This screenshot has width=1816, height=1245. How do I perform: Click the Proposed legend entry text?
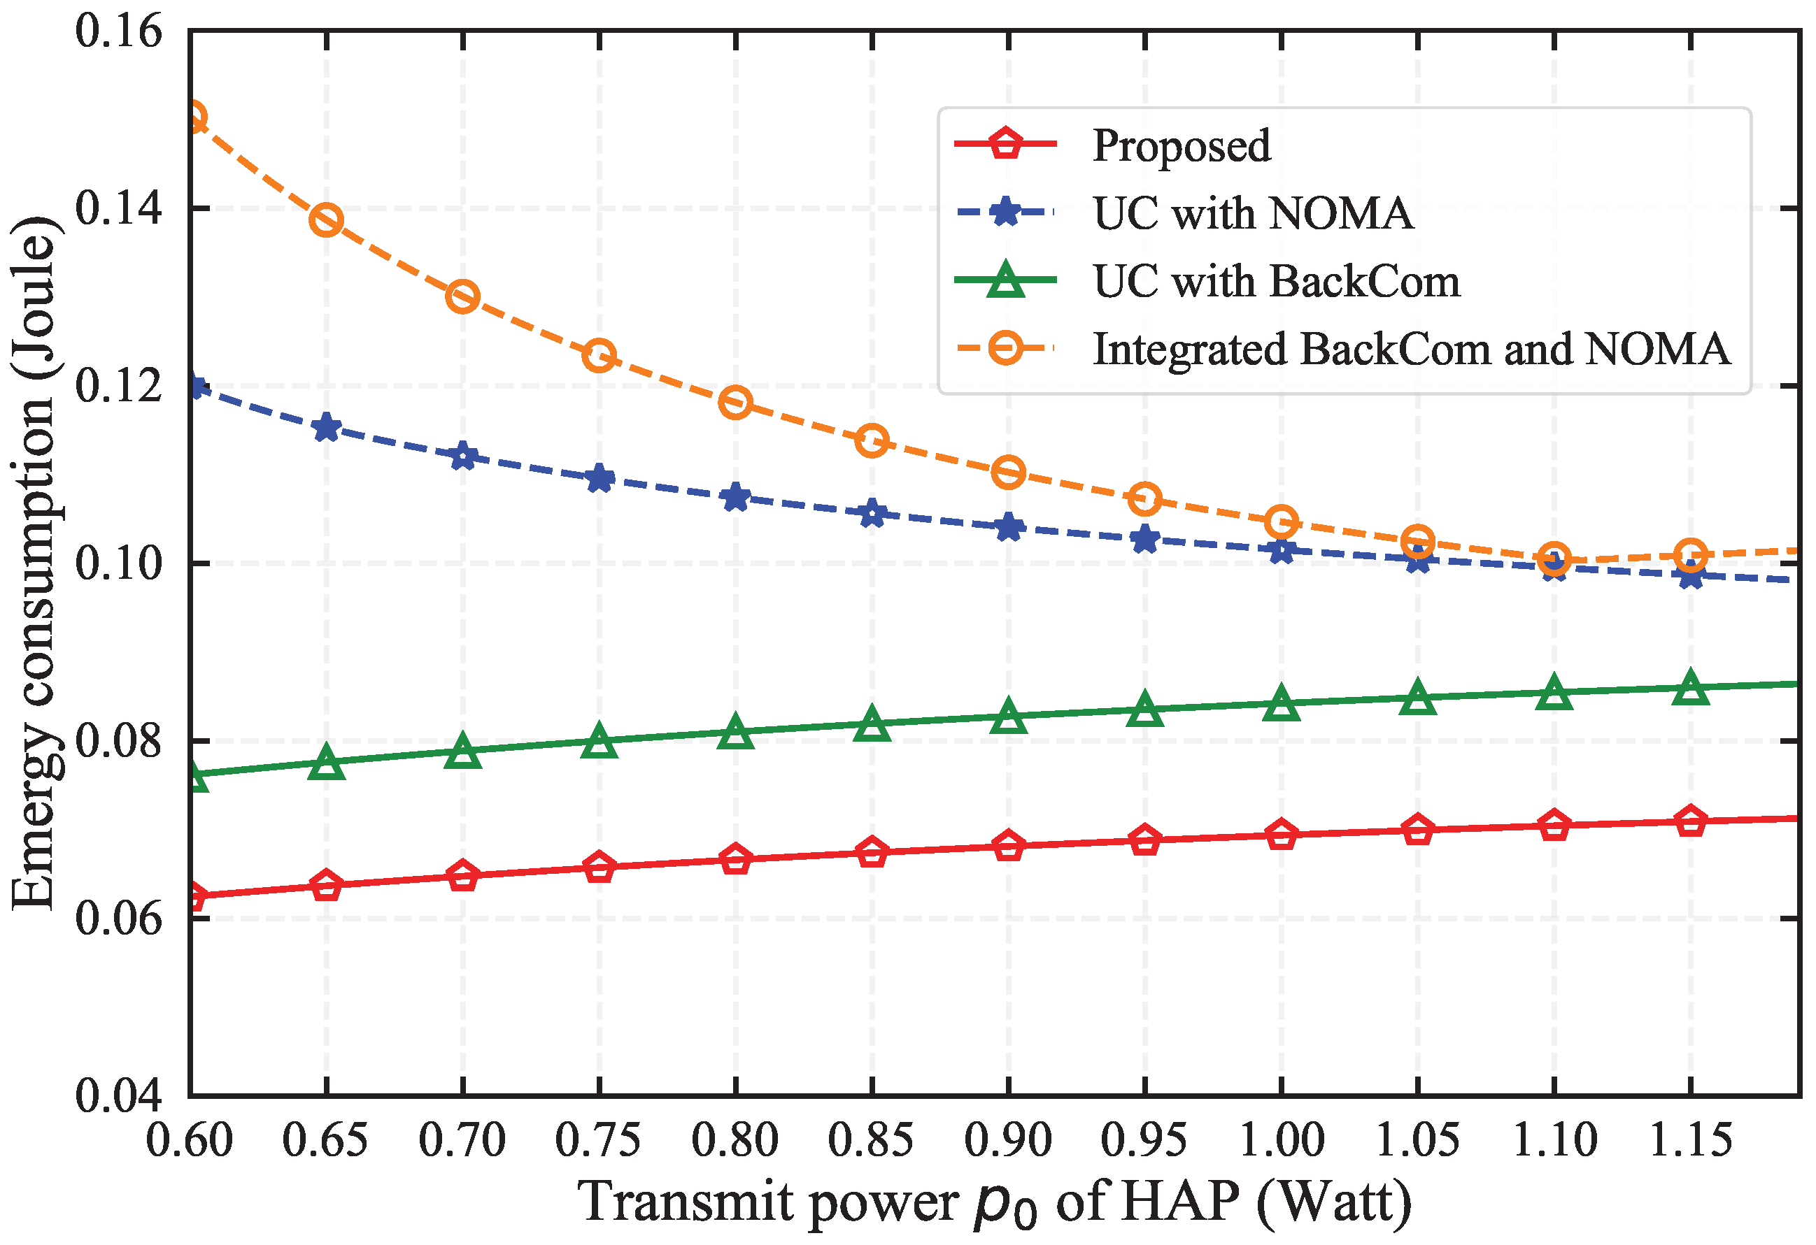(x=1181, y=146)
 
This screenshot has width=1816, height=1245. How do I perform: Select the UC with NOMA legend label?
(x=1253, y=213)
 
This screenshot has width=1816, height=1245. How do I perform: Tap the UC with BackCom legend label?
(x=1276, y=281)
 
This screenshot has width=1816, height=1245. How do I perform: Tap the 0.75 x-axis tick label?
(x=599, y=1141)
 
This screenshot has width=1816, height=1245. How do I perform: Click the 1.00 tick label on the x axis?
(x=1282, y=1141)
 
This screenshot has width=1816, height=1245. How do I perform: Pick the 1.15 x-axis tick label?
(x=1691, y=1141)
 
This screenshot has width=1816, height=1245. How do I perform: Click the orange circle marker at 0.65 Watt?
(x=326, y=220)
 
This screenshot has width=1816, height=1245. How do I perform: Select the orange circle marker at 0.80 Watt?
(x=735, y=402)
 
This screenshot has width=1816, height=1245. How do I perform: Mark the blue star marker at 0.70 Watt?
(x=462, y=456)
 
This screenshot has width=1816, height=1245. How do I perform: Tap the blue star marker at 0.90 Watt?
(x=1009, y=528)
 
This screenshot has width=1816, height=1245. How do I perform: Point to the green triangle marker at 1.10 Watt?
(x=1554, y=692)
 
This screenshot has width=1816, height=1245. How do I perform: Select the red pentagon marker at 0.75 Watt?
(x=599, y=867)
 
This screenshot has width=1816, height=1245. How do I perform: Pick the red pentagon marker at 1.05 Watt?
(x=1417, y=830)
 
